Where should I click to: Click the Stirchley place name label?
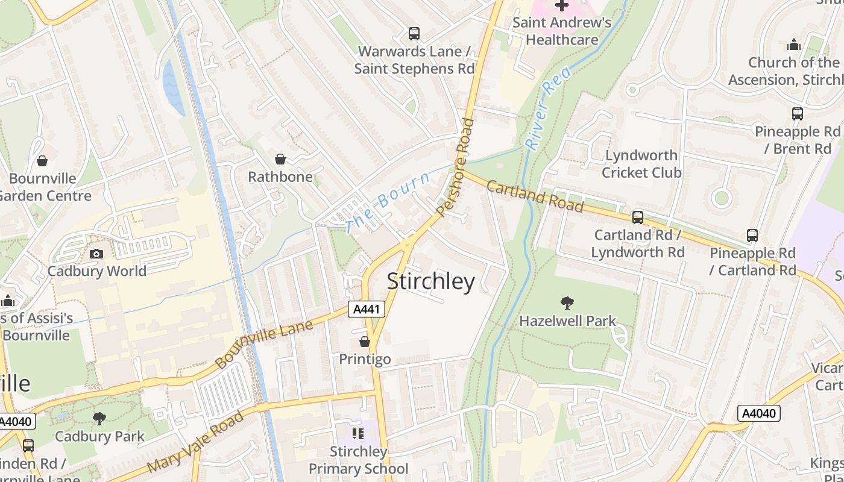point(430,281)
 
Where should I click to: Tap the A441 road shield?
point(366,310)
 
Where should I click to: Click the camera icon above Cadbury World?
point(96,254)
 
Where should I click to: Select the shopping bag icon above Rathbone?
point(280,159)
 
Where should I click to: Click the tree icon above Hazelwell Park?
point(567,302)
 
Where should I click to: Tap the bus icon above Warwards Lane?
point(414,33)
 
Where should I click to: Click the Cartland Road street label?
point(535,196)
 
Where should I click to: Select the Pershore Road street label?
point(455,167)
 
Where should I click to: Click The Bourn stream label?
point(389,202)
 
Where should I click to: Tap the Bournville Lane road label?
point(263,344)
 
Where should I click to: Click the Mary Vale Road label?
point(195,442)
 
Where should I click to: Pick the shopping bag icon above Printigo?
point(365,342)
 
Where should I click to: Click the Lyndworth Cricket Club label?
point(641,164)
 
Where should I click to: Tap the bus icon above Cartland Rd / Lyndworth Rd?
point(637,217)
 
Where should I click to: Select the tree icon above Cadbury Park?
point(99,418)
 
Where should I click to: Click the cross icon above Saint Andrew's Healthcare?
point(561,5)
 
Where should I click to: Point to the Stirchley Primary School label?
point(358,460)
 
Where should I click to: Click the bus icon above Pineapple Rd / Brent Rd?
point(797,113)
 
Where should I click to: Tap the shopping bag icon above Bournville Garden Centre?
point(42,161)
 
